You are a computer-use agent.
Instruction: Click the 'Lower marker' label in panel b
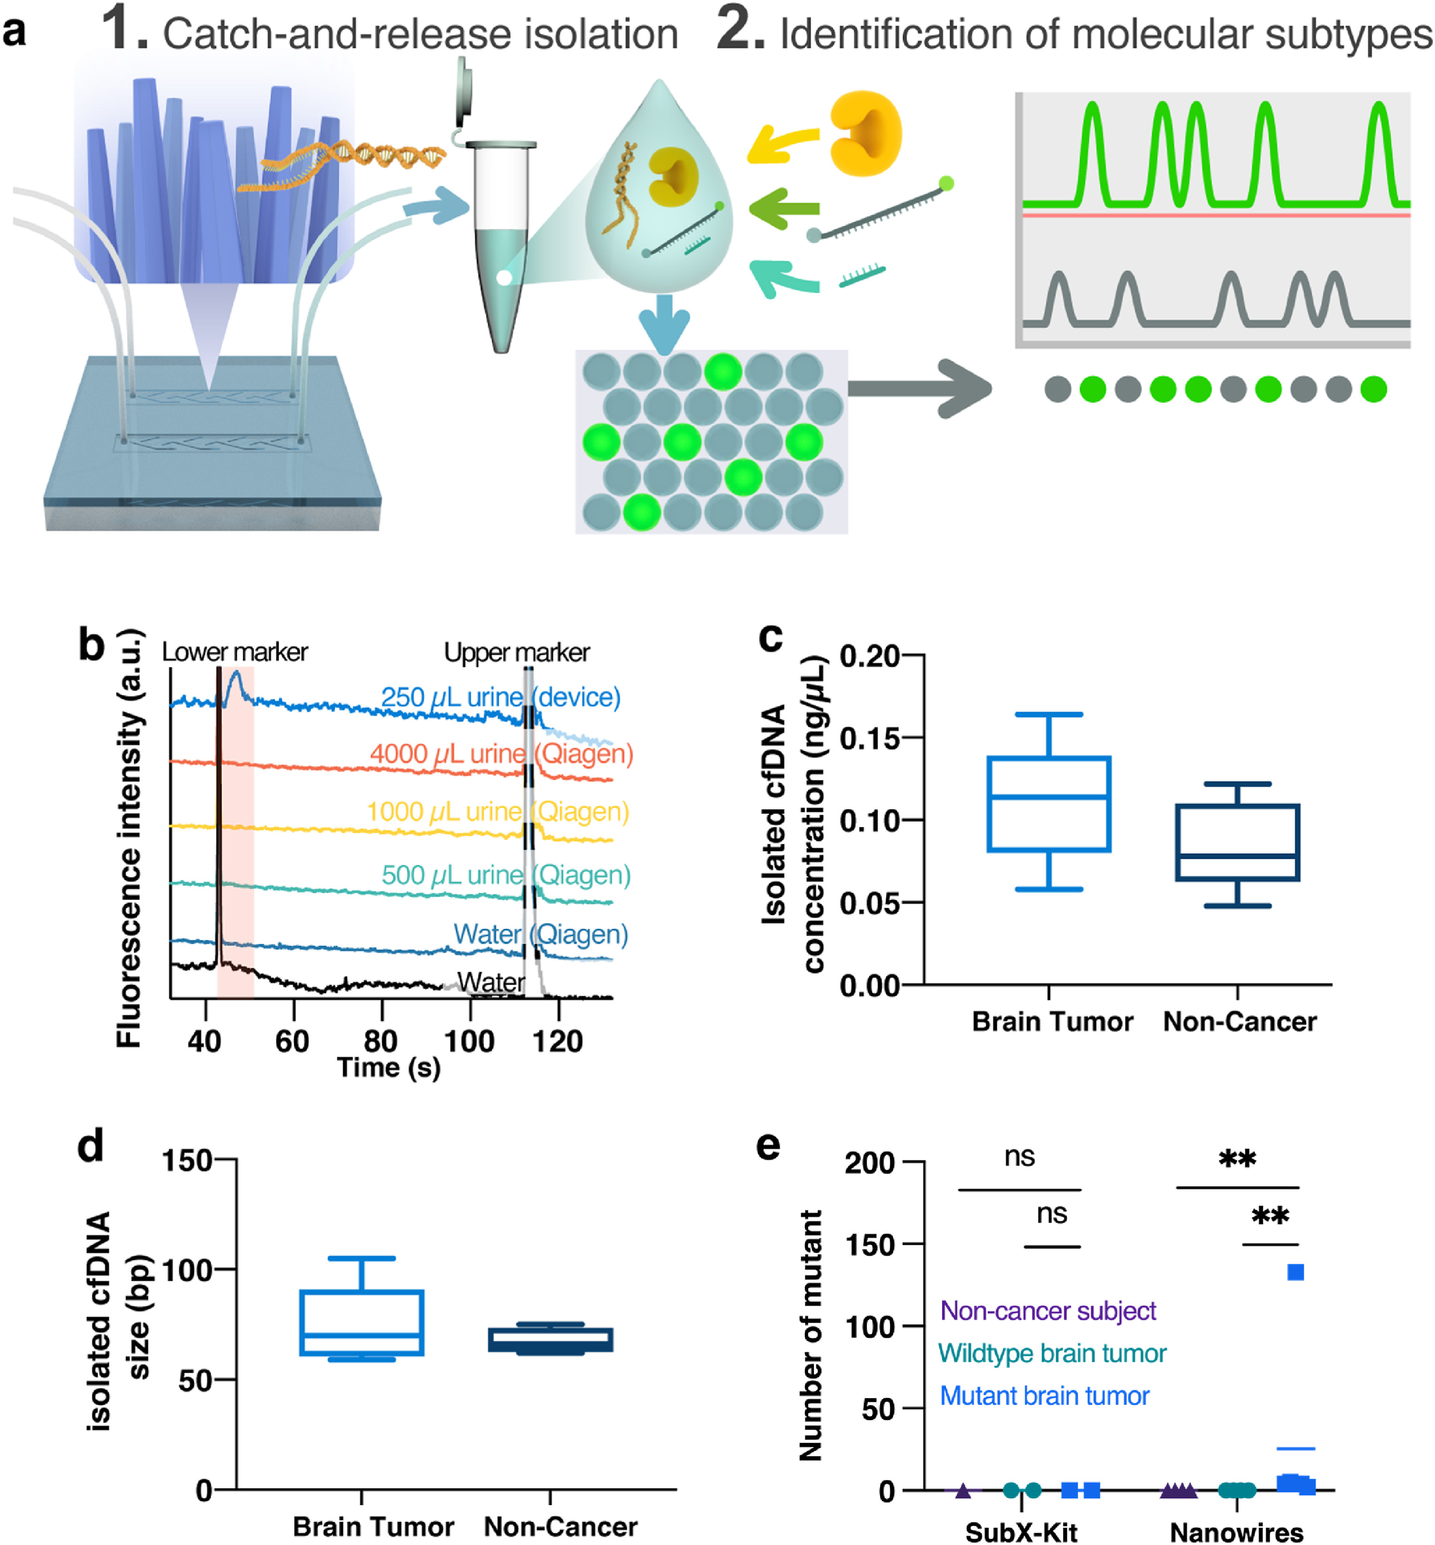pos(235,652)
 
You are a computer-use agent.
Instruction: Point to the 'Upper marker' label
pos(516,652)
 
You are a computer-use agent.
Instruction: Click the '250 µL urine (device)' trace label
pos(501,697)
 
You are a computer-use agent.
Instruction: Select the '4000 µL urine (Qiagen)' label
pos(501,753)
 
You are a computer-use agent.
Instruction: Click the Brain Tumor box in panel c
pos(1048,803)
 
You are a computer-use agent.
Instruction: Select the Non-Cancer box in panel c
pos(1237,842)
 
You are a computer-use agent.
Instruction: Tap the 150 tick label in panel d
pos(186,1161)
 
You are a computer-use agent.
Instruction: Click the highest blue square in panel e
pos(1295,1272)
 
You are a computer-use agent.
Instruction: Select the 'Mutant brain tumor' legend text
pos(1044,1395)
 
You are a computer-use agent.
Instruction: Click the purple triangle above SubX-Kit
pos(963,1490)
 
